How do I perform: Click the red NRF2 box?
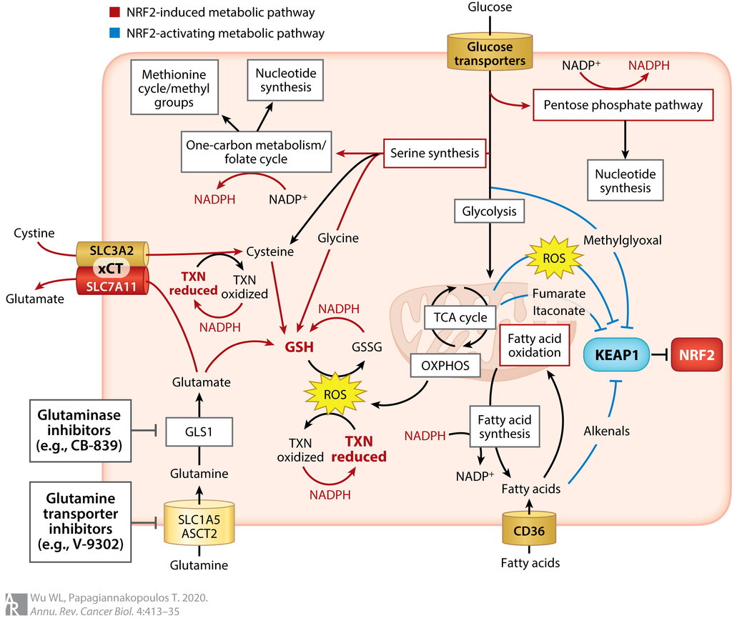coord(696,354)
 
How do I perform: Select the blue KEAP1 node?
coord(616,354)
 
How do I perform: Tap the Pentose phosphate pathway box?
coord(623,105)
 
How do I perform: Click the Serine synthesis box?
coord(435,153)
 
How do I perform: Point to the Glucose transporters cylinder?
coord(490,52)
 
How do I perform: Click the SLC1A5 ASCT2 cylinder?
coord(199,523)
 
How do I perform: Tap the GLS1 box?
coord(199,432)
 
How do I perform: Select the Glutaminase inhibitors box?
coord(80,431)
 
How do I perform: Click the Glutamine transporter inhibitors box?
coord(80,522)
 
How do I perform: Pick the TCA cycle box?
coord(460,318)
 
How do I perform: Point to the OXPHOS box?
coord(445,365)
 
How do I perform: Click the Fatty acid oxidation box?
coord(535,346)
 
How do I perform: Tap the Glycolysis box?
coord(489,211)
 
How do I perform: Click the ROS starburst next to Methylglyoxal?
coord(554,258)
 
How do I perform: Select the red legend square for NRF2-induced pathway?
coord(114,12)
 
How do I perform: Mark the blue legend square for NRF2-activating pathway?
coord(114,33)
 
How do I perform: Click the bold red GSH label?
coord(300,347)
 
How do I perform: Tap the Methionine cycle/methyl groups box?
coord(174,87)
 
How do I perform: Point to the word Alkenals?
coord(606,431)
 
